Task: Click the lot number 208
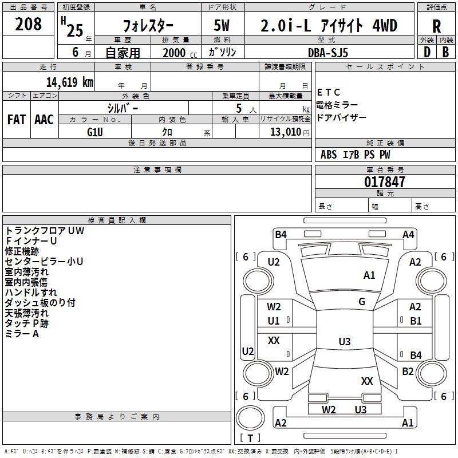pos(29,24)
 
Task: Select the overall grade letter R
pos(436,26)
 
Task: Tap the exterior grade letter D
pos(427,52)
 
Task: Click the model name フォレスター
pos(149,26)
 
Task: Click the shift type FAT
pos(17,120)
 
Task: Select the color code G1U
pos(94,132)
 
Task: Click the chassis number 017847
pos(385,182)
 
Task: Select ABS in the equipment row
pos(329,155)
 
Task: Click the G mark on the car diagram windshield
pos(362,302)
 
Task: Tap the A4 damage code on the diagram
pos(408,234)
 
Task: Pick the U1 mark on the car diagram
pos(274,321)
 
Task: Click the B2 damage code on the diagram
pos(408,372)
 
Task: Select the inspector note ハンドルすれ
pos(31,293)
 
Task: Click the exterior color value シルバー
pos(123,107)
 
